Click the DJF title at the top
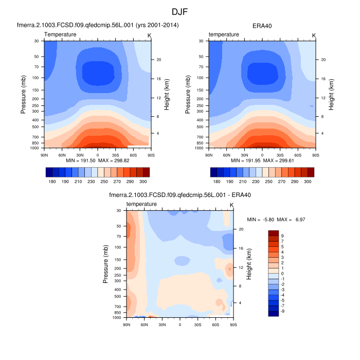pos(179,11)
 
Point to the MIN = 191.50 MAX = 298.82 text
pos(98,161)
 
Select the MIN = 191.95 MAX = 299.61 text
pos(262,161)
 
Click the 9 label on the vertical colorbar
pos(282,236)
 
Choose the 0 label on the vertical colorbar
pos(282,273)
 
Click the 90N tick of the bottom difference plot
pos(127,325)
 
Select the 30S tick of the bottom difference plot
pos(197,325)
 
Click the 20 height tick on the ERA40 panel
pos(321,60)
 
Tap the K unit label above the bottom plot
pos(231,205)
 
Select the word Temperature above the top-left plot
pos(60,34)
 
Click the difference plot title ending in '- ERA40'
pos(179,195)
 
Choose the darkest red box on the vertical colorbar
pos(273,233)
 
